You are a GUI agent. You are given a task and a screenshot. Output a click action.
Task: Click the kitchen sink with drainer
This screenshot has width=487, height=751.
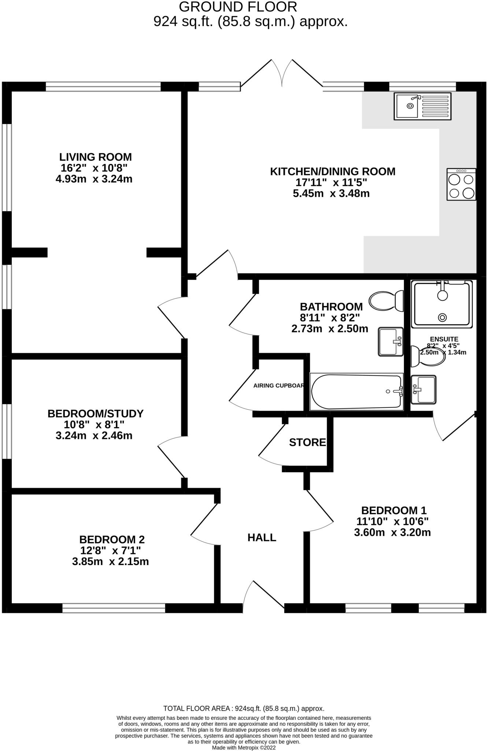pyautogui.click(x=423, y=106)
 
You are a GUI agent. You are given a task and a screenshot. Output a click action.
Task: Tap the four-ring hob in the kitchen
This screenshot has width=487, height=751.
pyautogui.click(x=461, y=184)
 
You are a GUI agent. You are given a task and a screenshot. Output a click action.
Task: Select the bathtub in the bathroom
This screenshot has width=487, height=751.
pyautogui.click(x=356, y=392)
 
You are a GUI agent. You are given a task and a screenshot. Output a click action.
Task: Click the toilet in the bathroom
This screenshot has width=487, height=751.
pyautogui.click(x=386, y=301)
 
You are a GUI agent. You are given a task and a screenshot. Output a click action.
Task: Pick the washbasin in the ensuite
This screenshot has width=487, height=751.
pyautogui.click(x=424, y=389)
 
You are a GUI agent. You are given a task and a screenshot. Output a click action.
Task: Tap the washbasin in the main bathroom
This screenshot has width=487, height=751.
pyautogui.click(x=391, y=342)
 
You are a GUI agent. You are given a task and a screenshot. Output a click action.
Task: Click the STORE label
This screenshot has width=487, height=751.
pyautogui.click(x=307, y=443)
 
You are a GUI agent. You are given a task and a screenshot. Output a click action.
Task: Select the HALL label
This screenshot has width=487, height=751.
pyautogui.click(x=262, y=538)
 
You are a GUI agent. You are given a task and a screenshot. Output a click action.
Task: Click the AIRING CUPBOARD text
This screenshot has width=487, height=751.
pyautogui.click(x=278, y=386)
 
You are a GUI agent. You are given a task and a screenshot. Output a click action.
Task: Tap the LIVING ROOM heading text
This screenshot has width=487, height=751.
pyautogui.click(x=96, y=157)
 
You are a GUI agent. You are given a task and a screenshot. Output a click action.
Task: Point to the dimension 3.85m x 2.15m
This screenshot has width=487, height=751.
pyautogui.click(x=110, y=561)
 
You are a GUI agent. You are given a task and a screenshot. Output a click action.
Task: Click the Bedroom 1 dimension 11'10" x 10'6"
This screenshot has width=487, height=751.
pyautogui.click(x=392, y=521)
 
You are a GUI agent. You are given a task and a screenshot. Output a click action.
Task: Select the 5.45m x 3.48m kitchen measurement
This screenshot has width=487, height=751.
pyautogui.click(x=331, y=193)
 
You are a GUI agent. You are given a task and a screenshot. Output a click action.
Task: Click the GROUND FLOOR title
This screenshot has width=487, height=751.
pyautogui.click(x=238, y=7)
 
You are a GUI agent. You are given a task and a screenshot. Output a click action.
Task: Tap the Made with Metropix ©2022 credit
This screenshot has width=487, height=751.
pyautogui.click(x=244, y=747)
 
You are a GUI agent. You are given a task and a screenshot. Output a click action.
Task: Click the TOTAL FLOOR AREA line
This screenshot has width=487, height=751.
pyautogui.click(x=244, y=708)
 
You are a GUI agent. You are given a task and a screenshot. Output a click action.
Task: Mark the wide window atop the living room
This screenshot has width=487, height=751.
pyautogui.click(x=103, y=87)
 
